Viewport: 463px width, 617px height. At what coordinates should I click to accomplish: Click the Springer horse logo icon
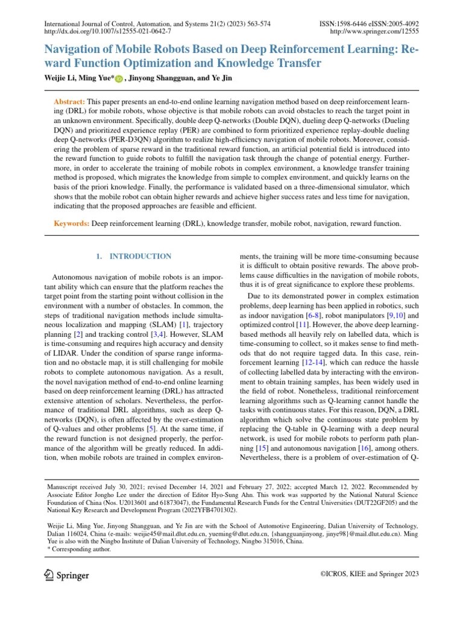49,575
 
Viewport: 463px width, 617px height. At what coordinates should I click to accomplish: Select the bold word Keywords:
72,224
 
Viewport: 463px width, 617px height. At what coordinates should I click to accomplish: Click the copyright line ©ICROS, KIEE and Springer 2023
369,575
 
